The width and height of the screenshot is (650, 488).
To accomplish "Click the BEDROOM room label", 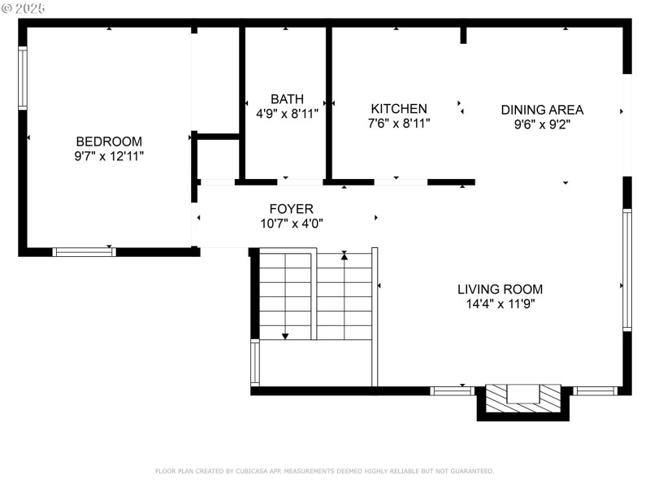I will point(109,141).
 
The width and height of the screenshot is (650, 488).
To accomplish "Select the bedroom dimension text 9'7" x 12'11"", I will point(109,155).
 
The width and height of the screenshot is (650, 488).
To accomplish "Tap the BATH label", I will point(287,99).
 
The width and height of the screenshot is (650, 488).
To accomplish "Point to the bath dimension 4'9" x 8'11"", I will point(287,114).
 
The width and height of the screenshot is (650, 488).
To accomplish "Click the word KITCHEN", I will point(399,108).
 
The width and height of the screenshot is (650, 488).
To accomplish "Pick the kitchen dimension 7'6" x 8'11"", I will point(399,124).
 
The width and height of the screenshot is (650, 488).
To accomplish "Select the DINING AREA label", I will point(542,110).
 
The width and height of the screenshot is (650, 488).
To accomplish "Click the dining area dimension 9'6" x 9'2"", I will point(542,124).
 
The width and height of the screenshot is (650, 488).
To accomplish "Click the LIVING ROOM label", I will point(500,289).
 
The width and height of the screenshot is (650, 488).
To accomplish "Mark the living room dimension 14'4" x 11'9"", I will point(500,304).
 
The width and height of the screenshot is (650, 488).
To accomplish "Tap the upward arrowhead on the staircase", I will point(344,255).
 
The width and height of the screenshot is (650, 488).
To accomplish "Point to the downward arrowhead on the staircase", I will point(286,335).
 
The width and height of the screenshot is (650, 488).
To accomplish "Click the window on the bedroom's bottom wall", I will point(84,252).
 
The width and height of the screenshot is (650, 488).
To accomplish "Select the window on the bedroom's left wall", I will point(23,78).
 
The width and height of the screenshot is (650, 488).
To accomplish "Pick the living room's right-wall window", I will point(626,269).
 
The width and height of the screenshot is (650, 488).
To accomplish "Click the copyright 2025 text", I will point(24,8).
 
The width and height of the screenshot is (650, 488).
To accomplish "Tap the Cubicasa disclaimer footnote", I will point(324,471).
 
